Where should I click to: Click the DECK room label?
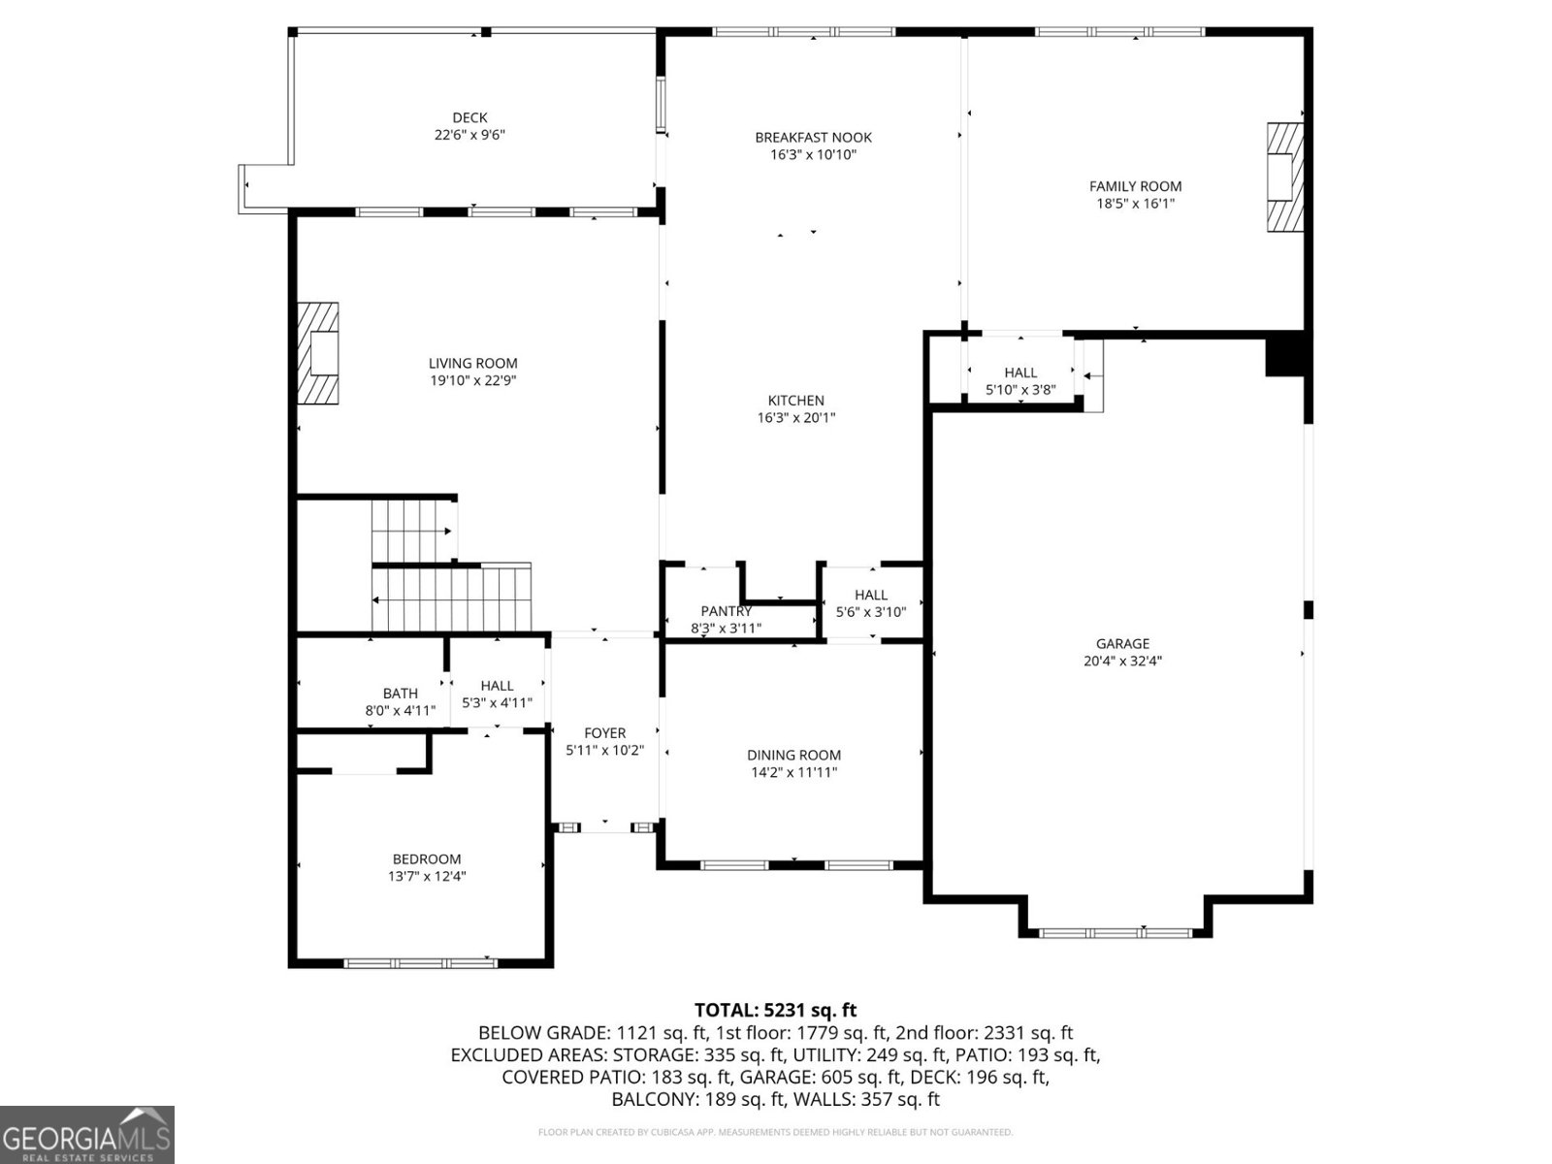[469, 118]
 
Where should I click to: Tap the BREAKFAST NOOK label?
[813, 138]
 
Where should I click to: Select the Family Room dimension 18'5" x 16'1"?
[1135, 204]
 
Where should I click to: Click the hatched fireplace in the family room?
[1284, 177]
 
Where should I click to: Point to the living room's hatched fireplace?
[318, 353]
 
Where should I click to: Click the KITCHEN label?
[795, 401]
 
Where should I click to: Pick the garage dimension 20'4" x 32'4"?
[1122, 662]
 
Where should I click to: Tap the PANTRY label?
[726, 611]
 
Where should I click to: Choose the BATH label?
[400, 694]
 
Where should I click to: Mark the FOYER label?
[604, 733]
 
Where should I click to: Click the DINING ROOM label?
[793, 755]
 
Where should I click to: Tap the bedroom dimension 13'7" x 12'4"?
[427, 877]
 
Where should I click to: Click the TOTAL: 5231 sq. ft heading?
[775, 1011]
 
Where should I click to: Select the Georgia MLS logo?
[86, 1134]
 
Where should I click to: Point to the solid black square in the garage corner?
[1284, 355]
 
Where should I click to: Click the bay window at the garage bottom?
[1115, 933]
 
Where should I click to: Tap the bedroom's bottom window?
[421, 963]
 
